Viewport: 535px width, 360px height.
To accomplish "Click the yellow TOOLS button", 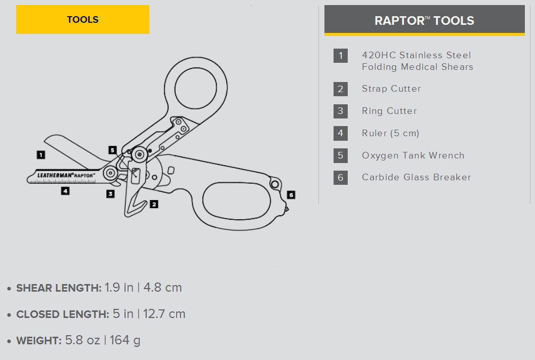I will [83, 20].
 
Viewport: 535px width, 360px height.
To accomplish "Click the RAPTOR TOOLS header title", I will [424, 21].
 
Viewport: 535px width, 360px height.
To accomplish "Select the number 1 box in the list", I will [340, 55].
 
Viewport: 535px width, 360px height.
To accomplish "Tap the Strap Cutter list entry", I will [391, 89].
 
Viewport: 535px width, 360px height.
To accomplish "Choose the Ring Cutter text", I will [389, 111].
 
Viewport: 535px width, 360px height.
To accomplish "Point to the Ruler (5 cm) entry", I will [390, 133].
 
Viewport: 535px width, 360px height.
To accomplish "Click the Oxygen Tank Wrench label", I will [413, 155].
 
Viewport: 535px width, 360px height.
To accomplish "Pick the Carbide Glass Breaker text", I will [416, 177].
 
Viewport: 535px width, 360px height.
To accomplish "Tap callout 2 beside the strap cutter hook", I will [153, 205].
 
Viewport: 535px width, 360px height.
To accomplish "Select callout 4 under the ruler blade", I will [65, 191].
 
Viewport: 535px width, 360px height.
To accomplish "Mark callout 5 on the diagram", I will [112, 150].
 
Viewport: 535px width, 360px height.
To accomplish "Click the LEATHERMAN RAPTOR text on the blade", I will [66, 175].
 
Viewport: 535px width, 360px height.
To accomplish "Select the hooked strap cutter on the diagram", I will [133, 203].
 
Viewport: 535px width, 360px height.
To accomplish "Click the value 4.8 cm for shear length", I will [162, 288].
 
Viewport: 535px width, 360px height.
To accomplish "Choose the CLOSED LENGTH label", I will [62, 314].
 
